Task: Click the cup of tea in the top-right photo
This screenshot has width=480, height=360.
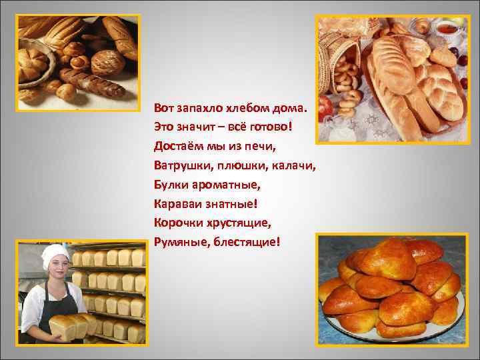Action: tap(446, 30)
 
